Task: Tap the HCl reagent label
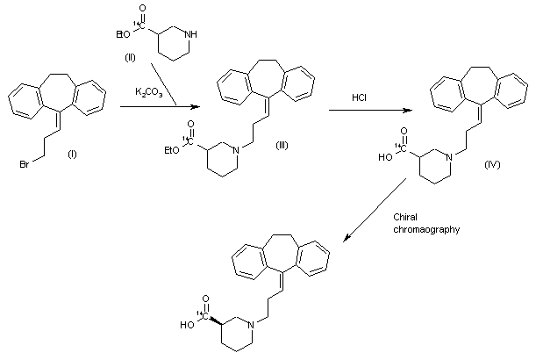[359, 97]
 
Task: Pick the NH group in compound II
[204, 34]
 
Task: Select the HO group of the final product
[186, 324]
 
